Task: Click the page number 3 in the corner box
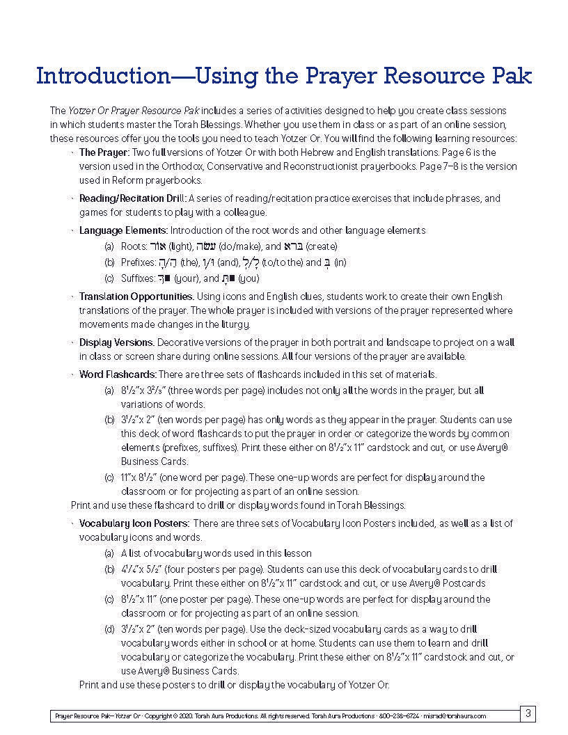528,713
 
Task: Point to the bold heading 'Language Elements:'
123,230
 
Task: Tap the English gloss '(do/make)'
239,246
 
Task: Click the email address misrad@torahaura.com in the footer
454,716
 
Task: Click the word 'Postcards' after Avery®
464,583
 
